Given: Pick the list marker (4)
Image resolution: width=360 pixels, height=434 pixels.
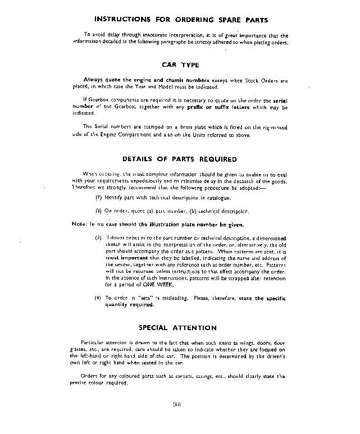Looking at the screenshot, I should coord(98,297).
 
